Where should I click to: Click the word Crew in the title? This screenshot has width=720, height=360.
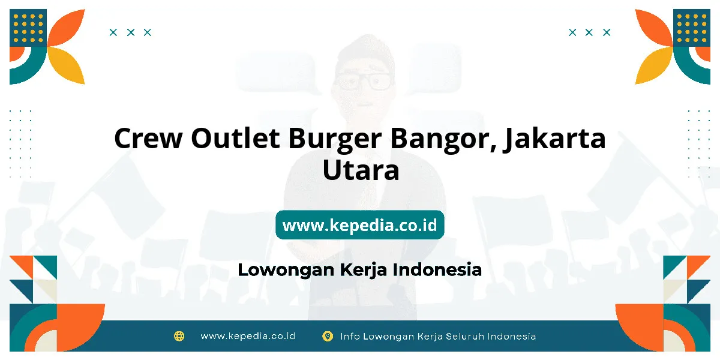[148, 139]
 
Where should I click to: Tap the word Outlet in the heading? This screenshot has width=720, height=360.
[235, 138]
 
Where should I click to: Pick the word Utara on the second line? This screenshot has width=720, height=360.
[361, 170]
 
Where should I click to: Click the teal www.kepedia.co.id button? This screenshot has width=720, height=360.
[359, 224]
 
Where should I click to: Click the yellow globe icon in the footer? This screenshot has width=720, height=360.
[179, 336]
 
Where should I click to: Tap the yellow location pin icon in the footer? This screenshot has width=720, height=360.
[328, 336]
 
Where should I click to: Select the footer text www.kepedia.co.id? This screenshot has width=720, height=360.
[248, 336]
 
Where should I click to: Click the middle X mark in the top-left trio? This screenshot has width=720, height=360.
[131, 32]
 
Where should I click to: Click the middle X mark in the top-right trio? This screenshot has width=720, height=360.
[589, 32]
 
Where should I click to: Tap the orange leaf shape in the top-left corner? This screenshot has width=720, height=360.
[66, 28]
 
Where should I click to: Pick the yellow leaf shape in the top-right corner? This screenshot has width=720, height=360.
[654, 65]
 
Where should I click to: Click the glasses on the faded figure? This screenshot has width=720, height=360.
[363, 82]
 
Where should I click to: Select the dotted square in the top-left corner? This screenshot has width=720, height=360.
[28, 28]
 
